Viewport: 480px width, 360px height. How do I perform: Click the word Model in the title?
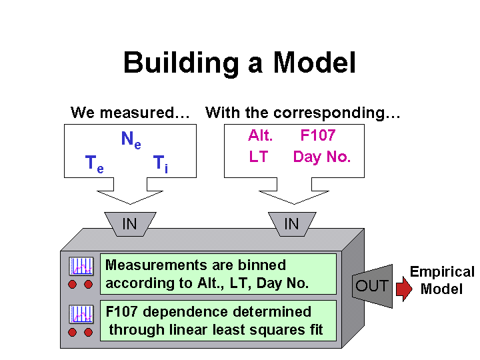[x=315, y=63]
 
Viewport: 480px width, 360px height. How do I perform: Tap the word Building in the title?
[x=181, y=63]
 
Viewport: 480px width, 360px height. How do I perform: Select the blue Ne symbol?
[x=131, y=139]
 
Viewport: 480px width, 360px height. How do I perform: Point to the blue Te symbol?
[x=94, y=164]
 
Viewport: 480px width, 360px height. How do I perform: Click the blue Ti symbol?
[x=161, y=164]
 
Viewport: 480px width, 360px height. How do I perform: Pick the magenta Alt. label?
[x=260, y=135]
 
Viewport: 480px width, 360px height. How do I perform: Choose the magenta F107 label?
[x=318, y=135]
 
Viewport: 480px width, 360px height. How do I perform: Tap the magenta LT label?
[x=259, y=157]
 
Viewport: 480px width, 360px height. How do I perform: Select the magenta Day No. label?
[x=322, y=157]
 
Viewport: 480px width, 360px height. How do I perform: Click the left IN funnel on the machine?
[x=130, y=224]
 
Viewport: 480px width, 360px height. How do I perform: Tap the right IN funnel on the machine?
[x=292, y=224]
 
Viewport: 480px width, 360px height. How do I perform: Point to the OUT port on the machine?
[x=372, y=286]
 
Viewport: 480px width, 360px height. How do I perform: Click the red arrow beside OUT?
[x=404, y=289]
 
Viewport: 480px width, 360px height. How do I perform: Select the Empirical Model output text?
[x=442, y=281]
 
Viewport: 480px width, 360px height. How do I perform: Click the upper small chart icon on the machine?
[x=81, y=266]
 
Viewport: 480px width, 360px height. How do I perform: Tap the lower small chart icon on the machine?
[x=81, y=314]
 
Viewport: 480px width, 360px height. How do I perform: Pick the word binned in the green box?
[x=262, y=265]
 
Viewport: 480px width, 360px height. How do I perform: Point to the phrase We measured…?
[x=130, y=113]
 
